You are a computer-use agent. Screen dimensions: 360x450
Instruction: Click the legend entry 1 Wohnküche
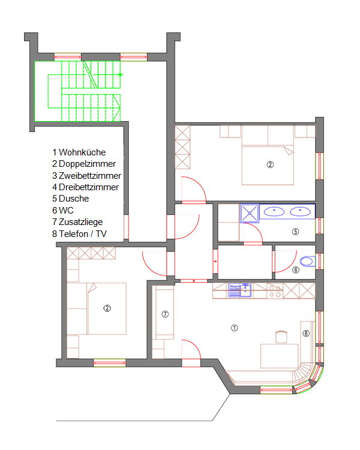coord(79,152)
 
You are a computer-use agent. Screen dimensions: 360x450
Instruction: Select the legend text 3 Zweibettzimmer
coord(86,175)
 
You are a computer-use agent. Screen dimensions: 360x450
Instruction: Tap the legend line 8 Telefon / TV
coord(80,233)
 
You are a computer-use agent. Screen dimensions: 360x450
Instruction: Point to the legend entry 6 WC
coord(63,211)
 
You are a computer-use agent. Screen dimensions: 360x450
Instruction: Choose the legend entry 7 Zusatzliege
coord(77,222)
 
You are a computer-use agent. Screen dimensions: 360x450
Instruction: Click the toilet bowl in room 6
coord(307,261)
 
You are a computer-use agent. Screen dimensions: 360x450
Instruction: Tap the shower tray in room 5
coord(250,213)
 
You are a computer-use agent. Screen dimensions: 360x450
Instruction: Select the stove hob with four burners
coord(275,291)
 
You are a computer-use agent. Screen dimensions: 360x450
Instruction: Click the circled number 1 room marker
coord(235,328)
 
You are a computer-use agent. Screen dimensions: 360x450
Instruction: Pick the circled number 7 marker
coord(165,314)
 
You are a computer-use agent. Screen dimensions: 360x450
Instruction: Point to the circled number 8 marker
coord(306,333)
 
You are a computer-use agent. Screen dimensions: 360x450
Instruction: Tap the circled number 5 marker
coord(295,232)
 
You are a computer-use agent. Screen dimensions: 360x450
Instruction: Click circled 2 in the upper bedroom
coord(270,164)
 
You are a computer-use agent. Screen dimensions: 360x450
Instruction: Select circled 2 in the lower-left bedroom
coord(107,308)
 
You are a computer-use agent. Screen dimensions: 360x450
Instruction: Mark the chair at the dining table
coord(281,337)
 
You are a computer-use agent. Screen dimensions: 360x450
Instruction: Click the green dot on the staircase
coord(121,74)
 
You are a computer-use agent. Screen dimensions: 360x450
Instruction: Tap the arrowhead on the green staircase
coord(116,108)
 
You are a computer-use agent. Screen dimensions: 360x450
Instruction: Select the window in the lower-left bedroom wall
coord(110,363)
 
